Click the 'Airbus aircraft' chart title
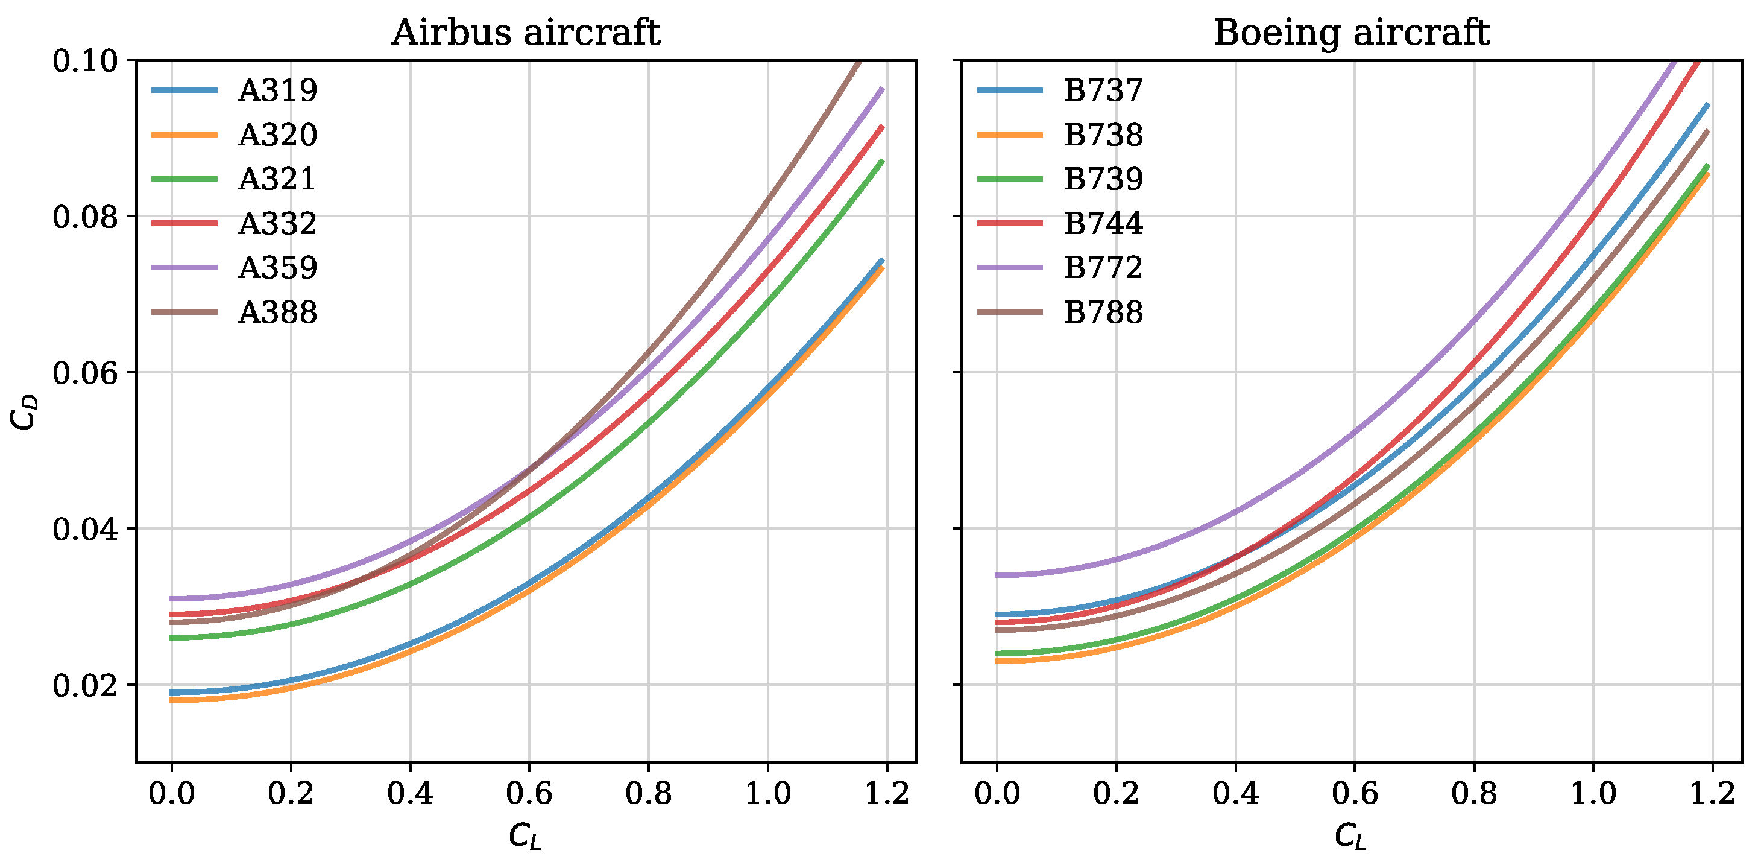click(525, 33)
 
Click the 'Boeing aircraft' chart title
click(1351, 33)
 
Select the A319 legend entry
click(277, 90)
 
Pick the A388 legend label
click(277, 312)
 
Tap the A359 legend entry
click(277, 268)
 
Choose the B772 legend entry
click(1103, 268)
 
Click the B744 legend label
click(1103, 224)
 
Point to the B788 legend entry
click(1103, 312)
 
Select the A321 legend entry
click(277, 179)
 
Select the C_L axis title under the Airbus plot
click(525, 835)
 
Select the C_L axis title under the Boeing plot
click(1351, 835)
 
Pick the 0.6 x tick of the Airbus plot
click(529, 793)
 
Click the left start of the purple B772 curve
click(998, 575)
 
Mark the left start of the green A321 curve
click(172, 638)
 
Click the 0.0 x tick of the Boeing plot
click(997, 793)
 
